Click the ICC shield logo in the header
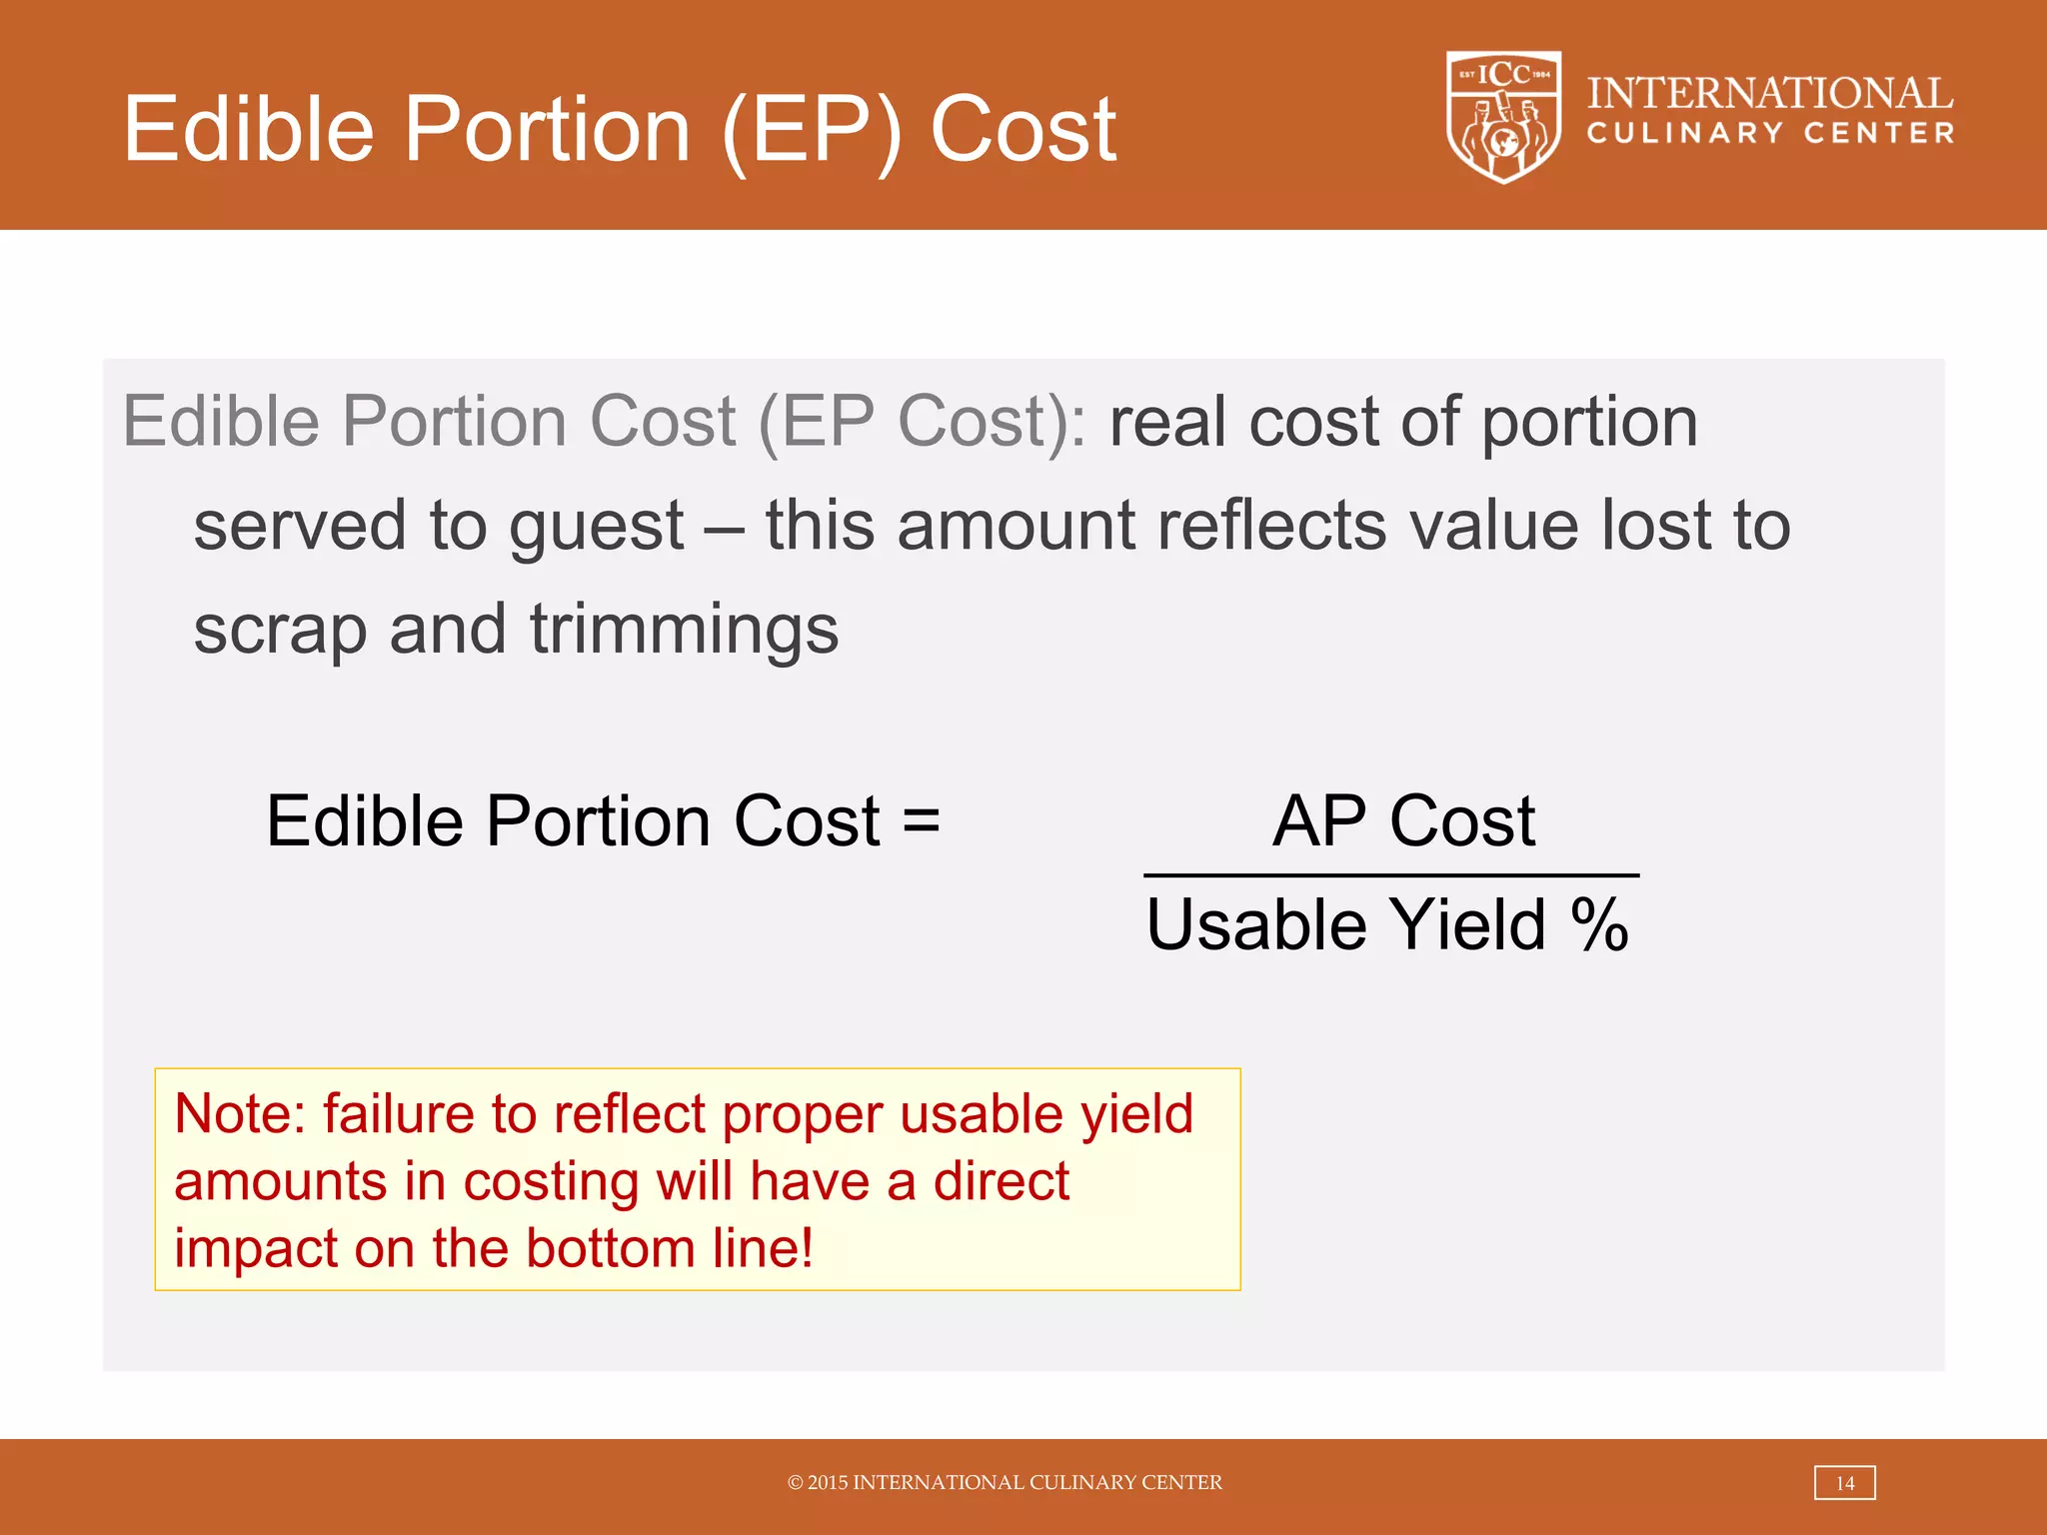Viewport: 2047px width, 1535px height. [x=1503, y=117]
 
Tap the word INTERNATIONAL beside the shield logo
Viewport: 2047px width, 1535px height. [x=1769, y=93]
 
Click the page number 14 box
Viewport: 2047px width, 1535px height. [x=1844, y=1483]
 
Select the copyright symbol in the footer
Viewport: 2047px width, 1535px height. [x=796, y=1483]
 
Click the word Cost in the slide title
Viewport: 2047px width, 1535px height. [x=1023, y=130]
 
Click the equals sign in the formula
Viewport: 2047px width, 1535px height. [x=921, y=821]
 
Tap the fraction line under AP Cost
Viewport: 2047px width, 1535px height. [x=1391, y=875]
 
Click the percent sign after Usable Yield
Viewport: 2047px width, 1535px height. [x=1599, y=924]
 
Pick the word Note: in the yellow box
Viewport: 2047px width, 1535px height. [x=240, y=1114]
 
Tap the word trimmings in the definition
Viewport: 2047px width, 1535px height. [x=684, y=632]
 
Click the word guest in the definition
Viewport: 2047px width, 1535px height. [x=596, y=528]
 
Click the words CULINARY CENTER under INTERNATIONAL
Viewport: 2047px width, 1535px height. [x=1769, y=134]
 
